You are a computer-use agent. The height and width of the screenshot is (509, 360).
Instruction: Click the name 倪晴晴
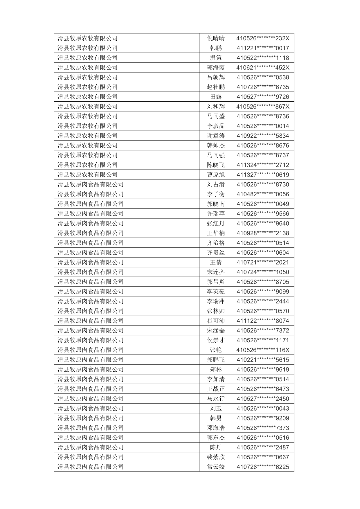[x=216, y=38]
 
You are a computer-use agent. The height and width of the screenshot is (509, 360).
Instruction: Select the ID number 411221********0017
[x=263, y=48]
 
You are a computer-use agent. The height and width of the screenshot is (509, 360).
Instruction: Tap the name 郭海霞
[x=216, y=68]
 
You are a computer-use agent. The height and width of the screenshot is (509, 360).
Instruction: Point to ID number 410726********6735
[x=263, y=87]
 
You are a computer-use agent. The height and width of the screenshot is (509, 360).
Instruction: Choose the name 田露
[x=216, y=97]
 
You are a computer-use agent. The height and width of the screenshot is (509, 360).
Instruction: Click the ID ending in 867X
[x=263, y=107]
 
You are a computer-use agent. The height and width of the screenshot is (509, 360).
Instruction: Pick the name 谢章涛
[x=216, y=136]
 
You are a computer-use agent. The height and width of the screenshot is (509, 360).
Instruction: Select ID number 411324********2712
[x=263, y=165]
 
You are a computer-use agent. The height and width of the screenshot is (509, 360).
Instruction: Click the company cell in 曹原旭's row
[x=87, y=175]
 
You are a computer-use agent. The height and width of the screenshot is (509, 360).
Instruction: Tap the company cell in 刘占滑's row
[x=90, y=184]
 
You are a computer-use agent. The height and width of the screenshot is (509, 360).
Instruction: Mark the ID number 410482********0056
[x=263, y=194]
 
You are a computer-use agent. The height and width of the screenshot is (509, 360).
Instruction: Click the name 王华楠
[x=216, y=233]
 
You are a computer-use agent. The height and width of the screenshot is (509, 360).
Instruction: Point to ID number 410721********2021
[x=263, y=262]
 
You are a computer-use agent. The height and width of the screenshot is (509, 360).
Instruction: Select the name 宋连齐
[x=216, y=272]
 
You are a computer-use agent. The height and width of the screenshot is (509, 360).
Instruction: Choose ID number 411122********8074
[x=263, y=321]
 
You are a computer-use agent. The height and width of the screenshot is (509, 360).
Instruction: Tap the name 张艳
[x=216, y=350]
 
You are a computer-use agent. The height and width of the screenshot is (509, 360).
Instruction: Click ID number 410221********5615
[x=263, y=360]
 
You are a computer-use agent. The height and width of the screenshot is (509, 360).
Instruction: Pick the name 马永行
[x=216, y=399]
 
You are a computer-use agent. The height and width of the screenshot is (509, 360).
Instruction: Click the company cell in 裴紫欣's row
[x=90, y=457]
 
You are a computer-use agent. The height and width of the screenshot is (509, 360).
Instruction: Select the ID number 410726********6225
[x=263, y=467]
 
